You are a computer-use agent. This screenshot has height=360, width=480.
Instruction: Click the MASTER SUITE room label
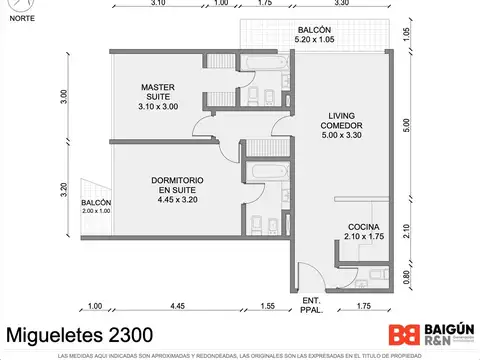click(158, 96)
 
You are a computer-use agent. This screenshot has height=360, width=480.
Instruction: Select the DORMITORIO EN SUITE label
click(180, 190)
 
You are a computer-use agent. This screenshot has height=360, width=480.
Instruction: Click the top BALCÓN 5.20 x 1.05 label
click(313, 34)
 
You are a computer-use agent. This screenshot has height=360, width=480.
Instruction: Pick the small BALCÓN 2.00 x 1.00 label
click(96, 207)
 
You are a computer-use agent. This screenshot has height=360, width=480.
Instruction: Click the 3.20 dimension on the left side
click(62, 187)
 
